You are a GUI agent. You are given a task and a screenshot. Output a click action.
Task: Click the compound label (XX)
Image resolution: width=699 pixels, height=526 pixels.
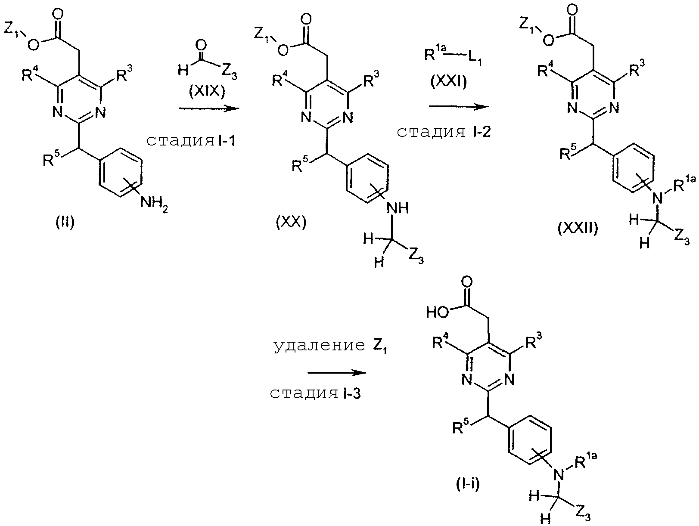[x=291, y=223]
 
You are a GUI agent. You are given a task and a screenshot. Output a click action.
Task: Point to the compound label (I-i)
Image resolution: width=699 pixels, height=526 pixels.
[x=467, y=485]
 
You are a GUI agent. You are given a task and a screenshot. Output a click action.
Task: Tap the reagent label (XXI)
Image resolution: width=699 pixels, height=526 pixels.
[x=448, y=82]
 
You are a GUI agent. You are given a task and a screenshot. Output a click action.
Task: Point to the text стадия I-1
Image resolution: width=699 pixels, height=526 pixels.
[x=191, y=141]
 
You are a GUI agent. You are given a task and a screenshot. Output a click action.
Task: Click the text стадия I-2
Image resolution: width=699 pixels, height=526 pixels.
[x=443, y=132]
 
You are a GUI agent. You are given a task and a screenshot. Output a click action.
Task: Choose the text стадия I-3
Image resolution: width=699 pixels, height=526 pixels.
[x=315, y=393]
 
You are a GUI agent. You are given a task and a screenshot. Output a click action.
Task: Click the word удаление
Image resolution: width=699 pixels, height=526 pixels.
[x=319, y=347]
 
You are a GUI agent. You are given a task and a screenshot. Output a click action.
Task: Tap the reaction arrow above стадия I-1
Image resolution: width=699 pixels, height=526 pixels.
[x=208, y=108]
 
